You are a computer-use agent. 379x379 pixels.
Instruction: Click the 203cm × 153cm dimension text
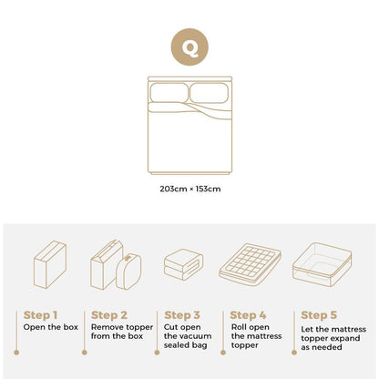coord(189,189)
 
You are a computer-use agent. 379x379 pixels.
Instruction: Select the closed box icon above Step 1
coord(49,264)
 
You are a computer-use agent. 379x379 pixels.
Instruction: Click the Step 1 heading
coord(43,313)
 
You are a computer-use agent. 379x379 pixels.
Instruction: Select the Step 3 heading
coord(182,313)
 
